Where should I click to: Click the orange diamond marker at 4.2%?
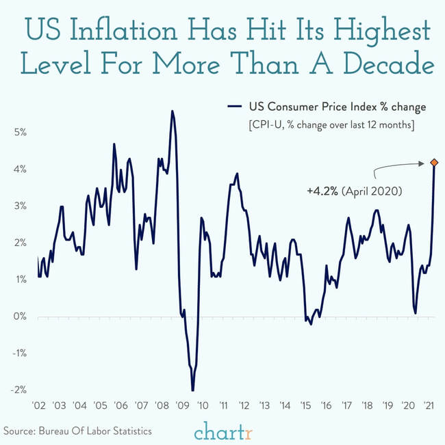[434, 163]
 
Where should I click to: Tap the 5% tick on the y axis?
[20, 132]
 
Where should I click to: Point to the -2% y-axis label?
[18, 390]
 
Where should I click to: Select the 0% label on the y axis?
[20, 316]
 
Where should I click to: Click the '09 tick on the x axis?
[183, 406]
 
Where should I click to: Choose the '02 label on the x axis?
[39, 406]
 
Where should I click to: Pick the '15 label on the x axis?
[306, 406]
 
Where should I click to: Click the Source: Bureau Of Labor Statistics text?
[77, 430]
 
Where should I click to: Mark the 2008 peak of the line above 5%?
[172, 111]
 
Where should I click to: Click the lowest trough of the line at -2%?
[193, 390]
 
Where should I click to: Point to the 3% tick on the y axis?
[20, 206]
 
